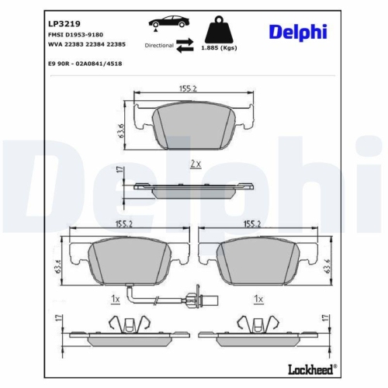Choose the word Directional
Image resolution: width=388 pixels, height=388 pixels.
click(160, 46)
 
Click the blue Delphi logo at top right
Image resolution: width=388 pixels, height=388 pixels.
click(298, 31)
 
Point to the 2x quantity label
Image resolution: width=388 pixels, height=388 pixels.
click(195, 165)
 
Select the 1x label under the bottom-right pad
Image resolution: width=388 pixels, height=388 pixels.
click(259, 299)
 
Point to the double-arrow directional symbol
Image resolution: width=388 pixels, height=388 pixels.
click(184, 46)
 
